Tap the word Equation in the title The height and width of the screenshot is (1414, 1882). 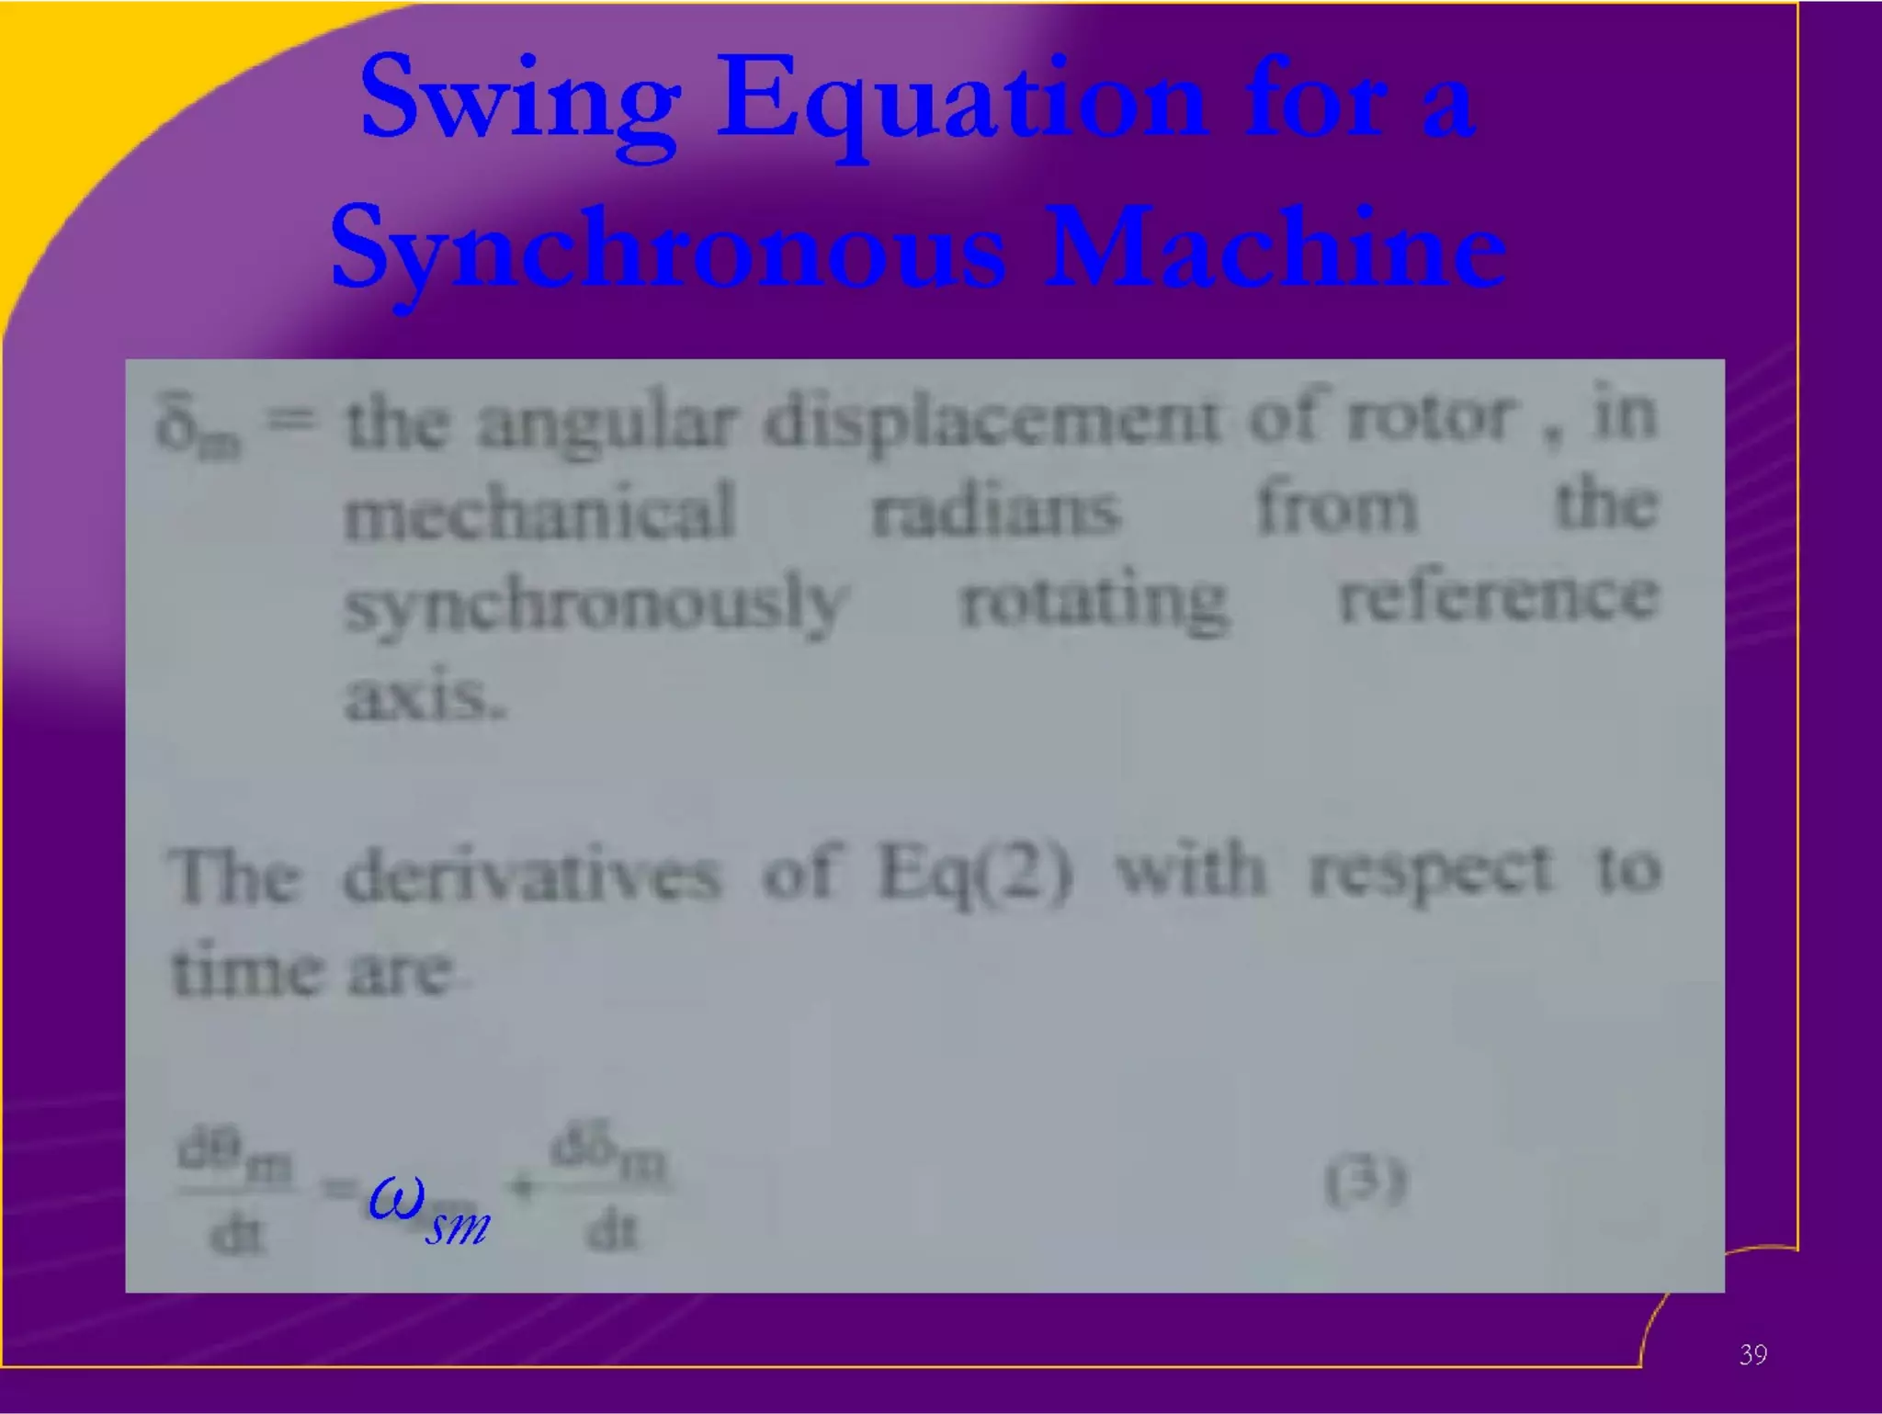[960, 103]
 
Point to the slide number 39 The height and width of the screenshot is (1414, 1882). [1752, 1354]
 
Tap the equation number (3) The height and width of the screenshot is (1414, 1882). [1366, 1182]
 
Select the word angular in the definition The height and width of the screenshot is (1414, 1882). [607, 424]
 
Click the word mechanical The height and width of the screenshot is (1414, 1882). [539, 511]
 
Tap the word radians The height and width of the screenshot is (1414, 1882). [996, 511]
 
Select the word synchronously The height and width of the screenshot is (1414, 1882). [594, 604]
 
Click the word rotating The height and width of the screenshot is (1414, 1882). [1094, 602]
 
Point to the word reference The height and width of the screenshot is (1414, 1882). [1498, 597]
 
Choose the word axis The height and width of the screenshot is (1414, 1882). [425, 696]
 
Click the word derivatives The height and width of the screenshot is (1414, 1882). [531, 874]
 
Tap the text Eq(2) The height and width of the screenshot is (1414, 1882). [974, 872]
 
